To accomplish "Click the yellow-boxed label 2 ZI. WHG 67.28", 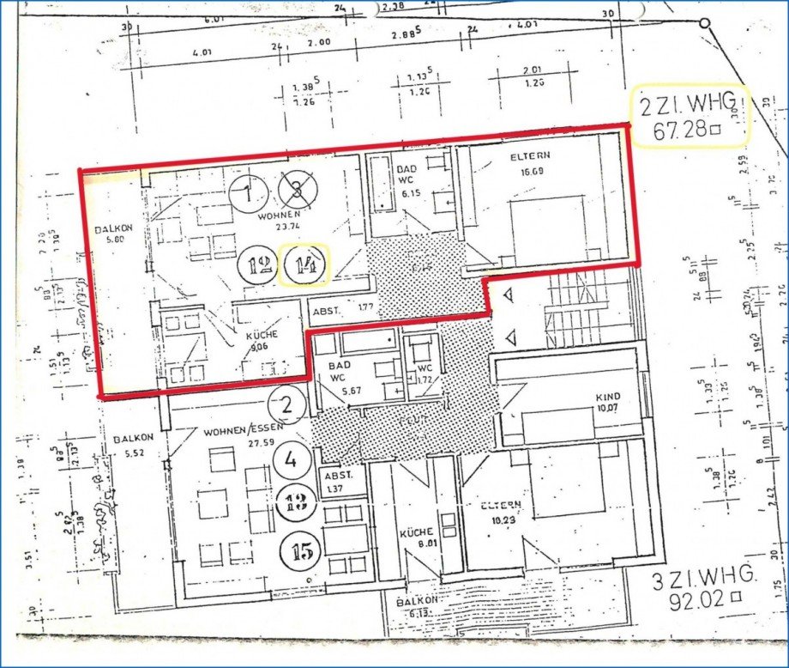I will tap(690, 117).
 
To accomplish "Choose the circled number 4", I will tap(292, 459).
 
